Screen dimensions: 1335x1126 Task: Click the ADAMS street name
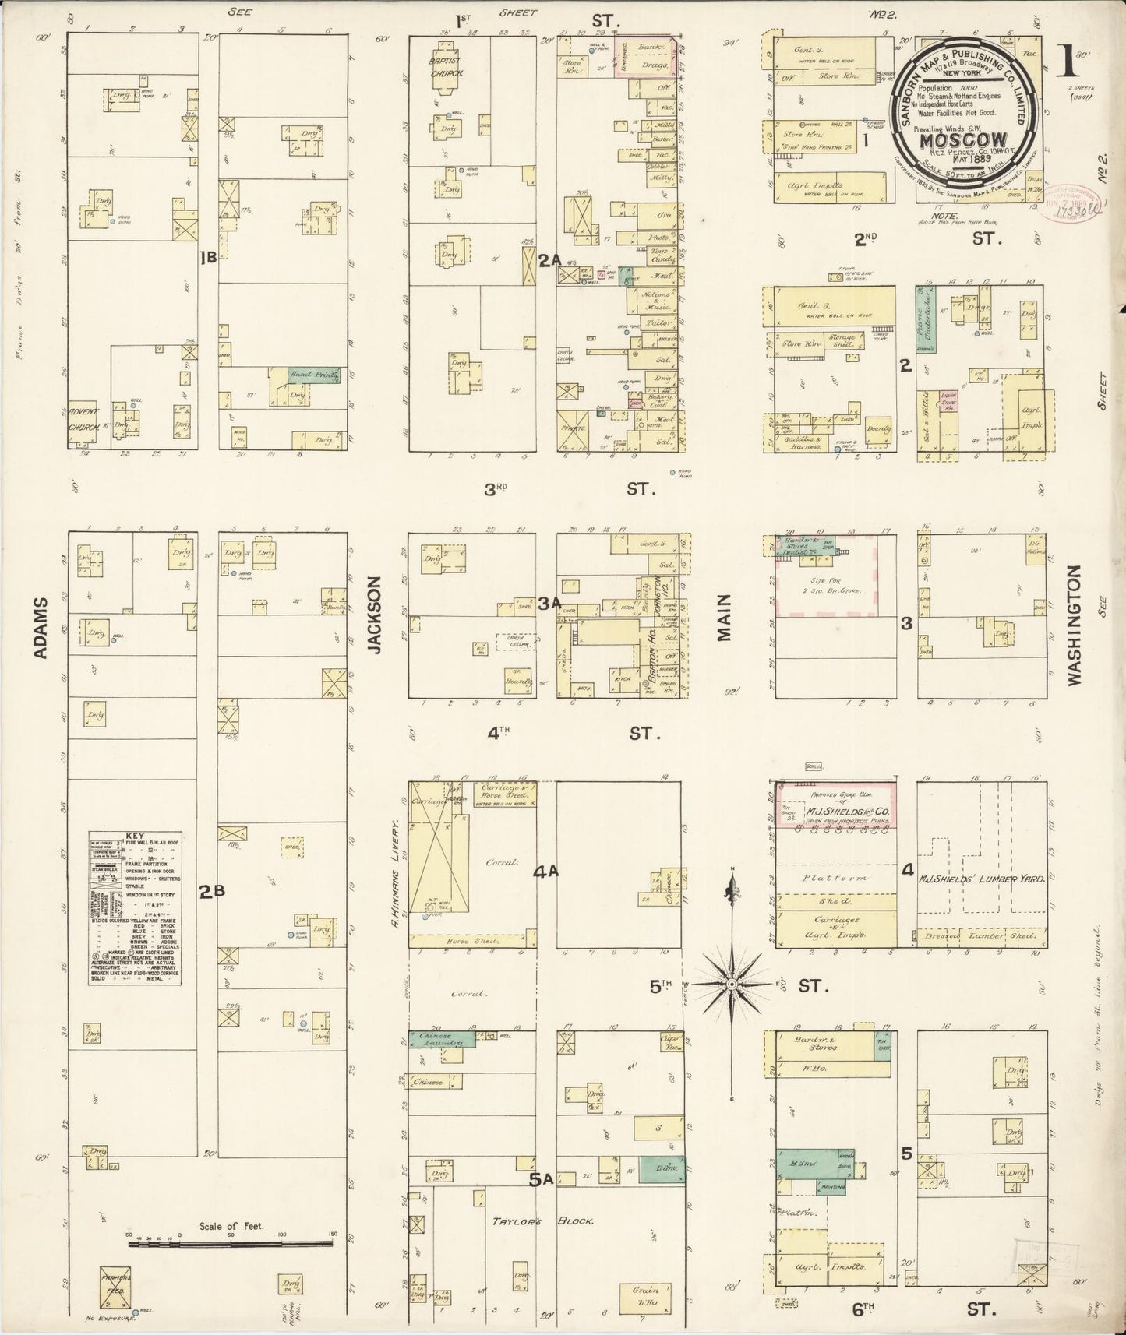point(41,628)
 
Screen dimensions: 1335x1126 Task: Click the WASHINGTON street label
point(1075,625)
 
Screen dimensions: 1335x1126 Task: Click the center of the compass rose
point(732,985)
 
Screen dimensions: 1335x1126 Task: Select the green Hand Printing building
point(314,375)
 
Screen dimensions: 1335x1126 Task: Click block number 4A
point(545,872)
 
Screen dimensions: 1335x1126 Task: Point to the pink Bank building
point(646,48)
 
